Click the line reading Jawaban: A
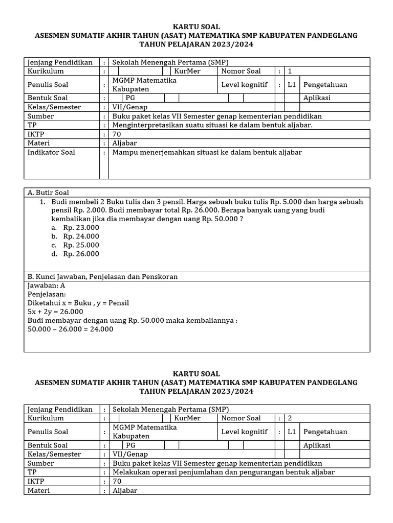(x=46, y=286)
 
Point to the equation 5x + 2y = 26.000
(x=55, y=312)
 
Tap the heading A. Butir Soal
(x=48, y=193)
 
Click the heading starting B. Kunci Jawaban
(x=102, y=276)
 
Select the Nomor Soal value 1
(x=290, y=72)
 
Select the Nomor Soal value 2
(x=290, y=418)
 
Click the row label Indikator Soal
(x=51, y=152)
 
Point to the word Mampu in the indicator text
(x=123, y=152)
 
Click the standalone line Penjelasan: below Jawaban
(x=47, y=294)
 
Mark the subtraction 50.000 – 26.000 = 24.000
(x=71, y=329)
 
